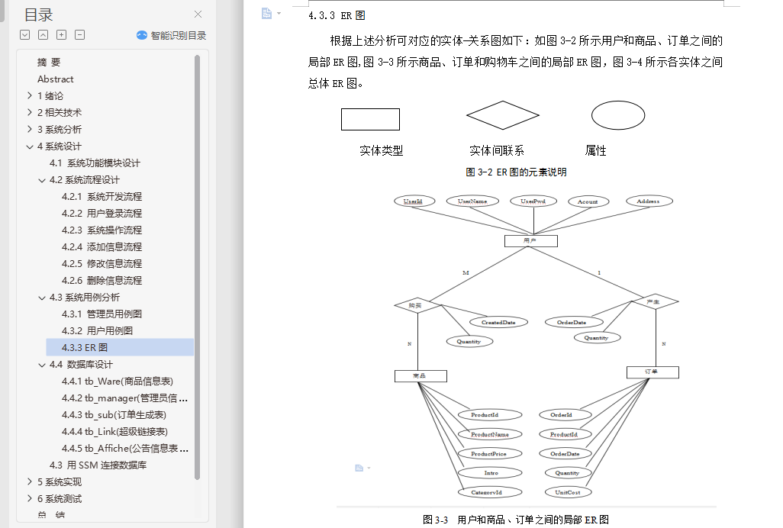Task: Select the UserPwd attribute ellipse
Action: point(533,201)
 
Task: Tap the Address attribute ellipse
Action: point(648,201)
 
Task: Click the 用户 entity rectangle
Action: point(530,241)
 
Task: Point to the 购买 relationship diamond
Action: point(418,305)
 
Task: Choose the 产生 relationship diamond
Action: point(654,302)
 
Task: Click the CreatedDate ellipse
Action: point(498,322)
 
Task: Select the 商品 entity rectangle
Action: point(420,375)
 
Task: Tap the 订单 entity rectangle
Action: point(652,372)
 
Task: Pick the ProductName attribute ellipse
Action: point(490,434)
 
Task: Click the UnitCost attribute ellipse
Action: point(567,492)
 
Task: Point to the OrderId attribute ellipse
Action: point(561,415)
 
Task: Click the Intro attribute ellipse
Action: point(491,473)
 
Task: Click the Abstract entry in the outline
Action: point(56,79)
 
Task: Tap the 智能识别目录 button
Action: point(171,35)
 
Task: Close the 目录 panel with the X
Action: point(198,14)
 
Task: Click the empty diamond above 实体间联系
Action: point(503,116)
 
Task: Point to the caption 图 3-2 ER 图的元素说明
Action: point(516,172)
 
